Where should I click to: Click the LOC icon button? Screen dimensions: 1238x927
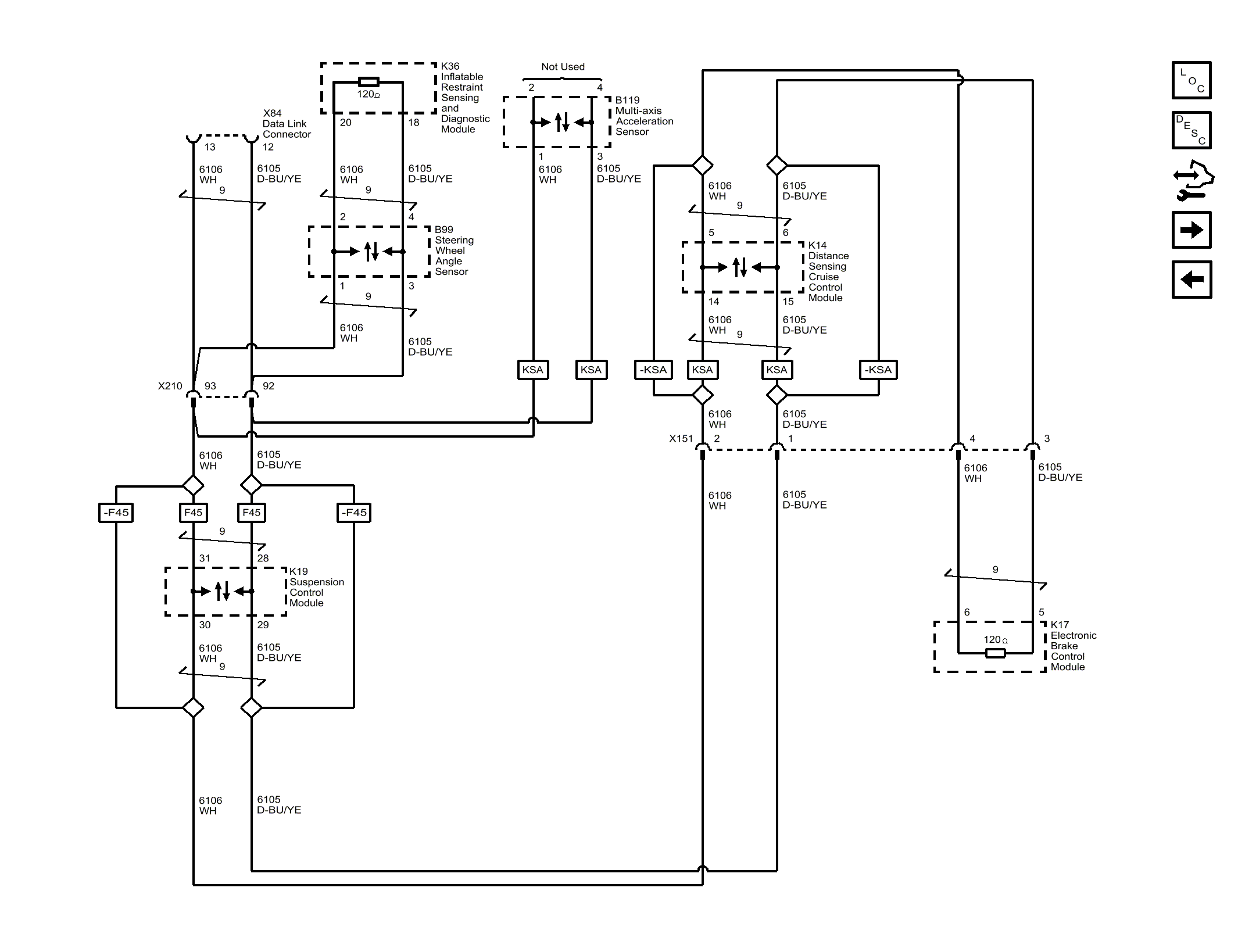pyautogui.click(x=1192, y=80)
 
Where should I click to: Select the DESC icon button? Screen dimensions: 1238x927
pyautogui.click(x=1192, y=130)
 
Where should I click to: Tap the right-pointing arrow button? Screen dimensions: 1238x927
pyautogui.click(x=1192, y=230)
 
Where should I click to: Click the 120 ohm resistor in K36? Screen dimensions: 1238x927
pyautogui.click(x=368, y=82)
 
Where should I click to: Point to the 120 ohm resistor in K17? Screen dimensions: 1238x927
pyautogui.click(x=996, y=653)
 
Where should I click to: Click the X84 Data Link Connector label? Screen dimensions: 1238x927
pyautogui.click(x=287, y=124)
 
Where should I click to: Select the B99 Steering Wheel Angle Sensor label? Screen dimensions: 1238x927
pyautogui.click(x=454, y=250)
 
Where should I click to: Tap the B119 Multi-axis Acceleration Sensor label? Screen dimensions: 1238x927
pyautogui.click(x=644, y=116)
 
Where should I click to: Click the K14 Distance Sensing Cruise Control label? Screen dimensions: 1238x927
pyautogui.click(x=828, y=271)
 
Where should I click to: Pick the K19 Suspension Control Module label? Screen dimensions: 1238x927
pyautogui.click(x=316, y=587)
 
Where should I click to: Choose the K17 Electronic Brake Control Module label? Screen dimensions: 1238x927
pyautogui.click(x=1073, y=646)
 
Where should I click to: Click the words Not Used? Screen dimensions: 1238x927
pyautogui.click(x=563, y=67)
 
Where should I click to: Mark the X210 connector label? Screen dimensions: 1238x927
pyautogui.click(x=170, y=386)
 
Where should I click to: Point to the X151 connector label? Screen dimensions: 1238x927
pyautogui.click(x=681, y=438)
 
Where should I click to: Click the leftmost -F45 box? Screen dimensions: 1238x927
pyautogui.click(x=116, y=513)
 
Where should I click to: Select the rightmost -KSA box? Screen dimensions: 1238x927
pyautogui.click(x=878, y=370)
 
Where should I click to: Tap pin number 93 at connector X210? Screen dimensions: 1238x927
pyautogui.click(x=210, y=386)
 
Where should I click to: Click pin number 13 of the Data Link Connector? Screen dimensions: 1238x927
pyautogui.click(x=210, y=147)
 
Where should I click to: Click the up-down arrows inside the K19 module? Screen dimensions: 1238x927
pyautogui.click(x=223, y=591)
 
